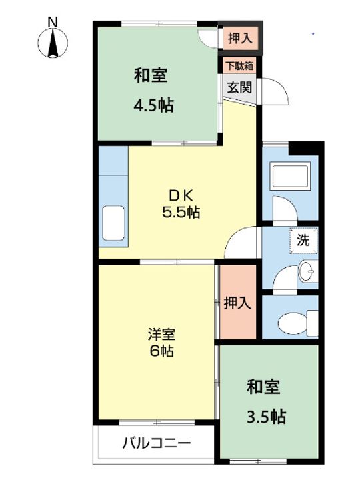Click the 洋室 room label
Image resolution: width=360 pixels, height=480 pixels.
point(161,333)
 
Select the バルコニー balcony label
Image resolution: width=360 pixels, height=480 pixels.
point(157,443)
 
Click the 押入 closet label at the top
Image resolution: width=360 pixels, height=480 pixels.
point(240,39)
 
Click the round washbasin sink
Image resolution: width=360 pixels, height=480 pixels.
point(306,272)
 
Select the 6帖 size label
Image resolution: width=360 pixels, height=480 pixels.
point(161,351)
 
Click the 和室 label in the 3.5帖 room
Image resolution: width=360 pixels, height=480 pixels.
point(263,387)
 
